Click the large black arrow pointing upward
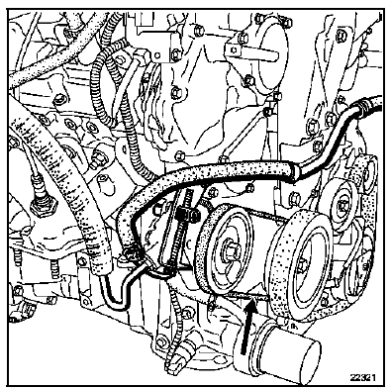click(x=247, y=325)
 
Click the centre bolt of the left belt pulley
click(x=231, y=250)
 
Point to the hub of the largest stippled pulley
click(x=303, y=264)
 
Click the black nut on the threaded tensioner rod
click(x=188, y=215)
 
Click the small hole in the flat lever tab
click(x=234, y=50)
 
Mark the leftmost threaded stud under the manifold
click(x=17, y=258)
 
